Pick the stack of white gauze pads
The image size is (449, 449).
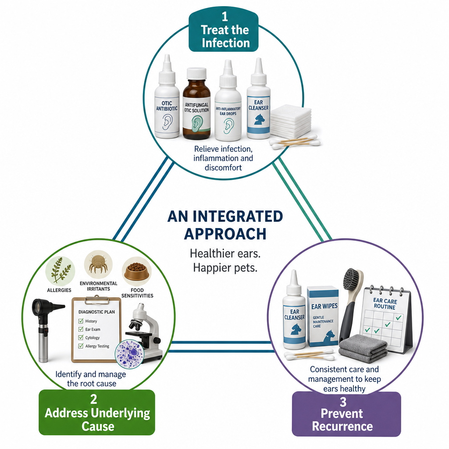[x=290, y=120]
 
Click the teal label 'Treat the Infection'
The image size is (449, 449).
[x=224, y=30]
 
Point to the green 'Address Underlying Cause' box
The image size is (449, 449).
[x=97, y=412]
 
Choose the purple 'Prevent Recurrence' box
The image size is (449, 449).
[x=346, y=414]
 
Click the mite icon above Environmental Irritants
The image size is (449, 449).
[x=98, y=264]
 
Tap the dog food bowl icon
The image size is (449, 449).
[x=137, y=271]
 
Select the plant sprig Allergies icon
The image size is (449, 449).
[x=60, y=271]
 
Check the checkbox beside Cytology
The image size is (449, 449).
[x=81, y=338]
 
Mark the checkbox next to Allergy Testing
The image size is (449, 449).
[x=81, y=346]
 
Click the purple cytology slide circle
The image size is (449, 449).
[x=129, y=354]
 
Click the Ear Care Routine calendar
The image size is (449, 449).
[x=385, y=319]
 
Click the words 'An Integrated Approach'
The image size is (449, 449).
[x=225, y=225]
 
